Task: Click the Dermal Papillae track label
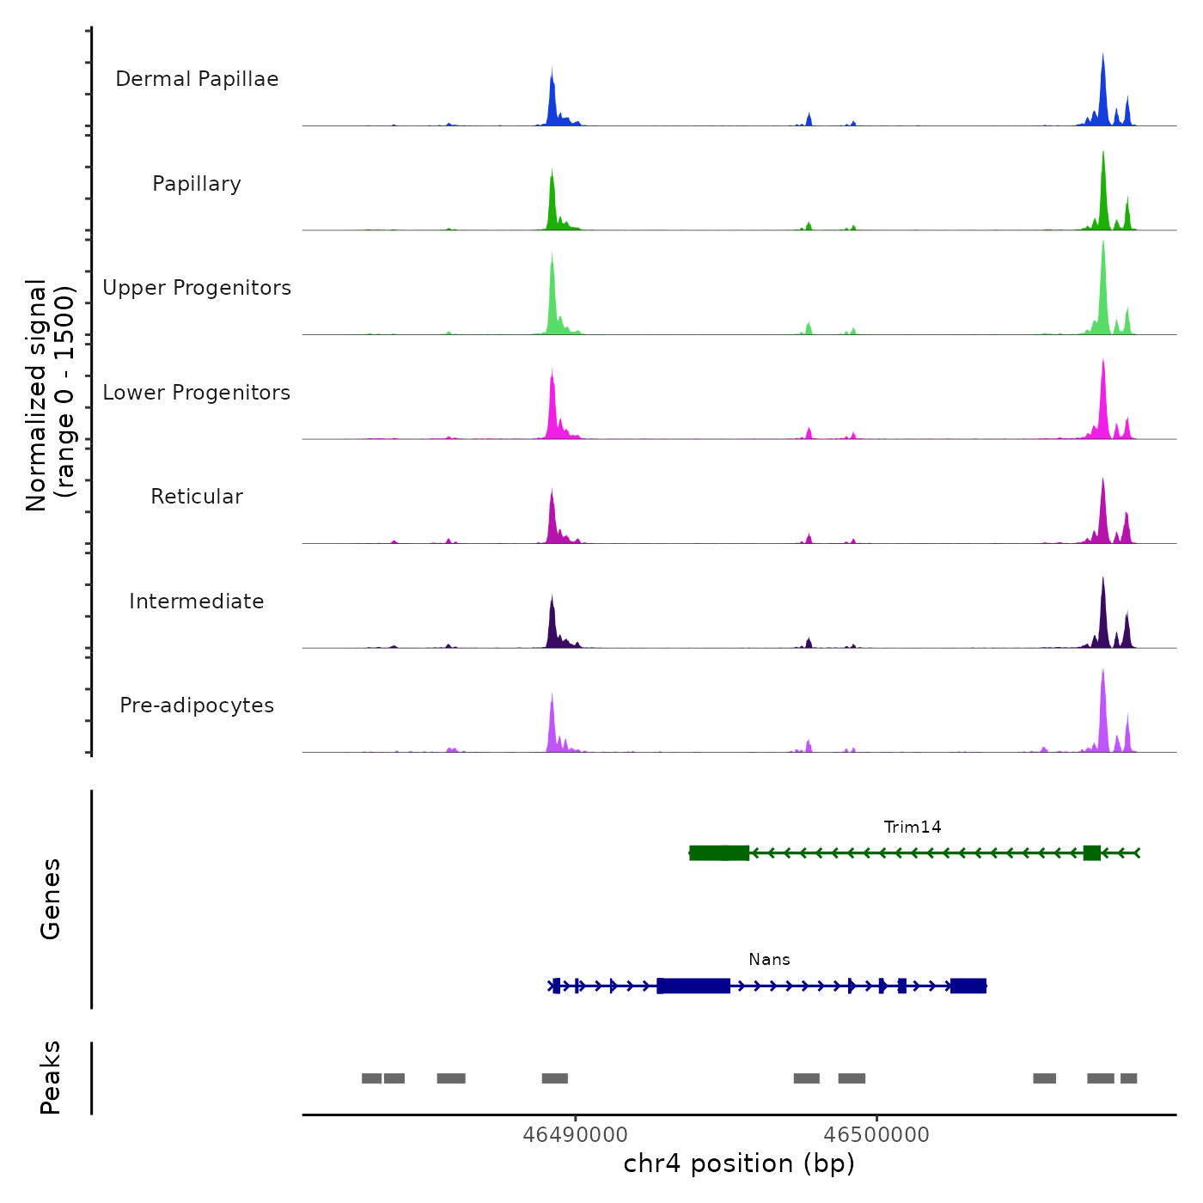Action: click(197, 79)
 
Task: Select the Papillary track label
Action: click(197, 184)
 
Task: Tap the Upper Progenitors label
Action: click(197, 288)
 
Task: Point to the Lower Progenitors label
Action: click(197, 393)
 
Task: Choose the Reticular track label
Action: click(197, 497)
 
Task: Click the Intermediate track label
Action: click(197, 601)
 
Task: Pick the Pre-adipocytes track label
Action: click(197, 705)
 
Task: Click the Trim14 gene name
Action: click(913, 827)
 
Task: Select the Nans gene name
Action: click(769, 959)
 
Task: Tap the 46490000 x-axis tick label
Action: click(575, 1135)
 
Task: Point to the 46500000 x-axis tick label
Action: click(876, 1135)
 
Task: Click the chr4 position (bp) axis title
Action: click(739, 1163)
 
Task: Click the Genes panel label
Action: click(50, 899)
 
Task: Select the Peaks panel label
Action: click(50, 1078)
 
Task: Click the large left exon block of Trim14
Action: click(719, 852)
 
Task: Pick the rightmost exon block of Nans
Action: click(968, 986)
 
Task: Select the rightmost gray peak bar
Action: click(1128, 1078)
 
